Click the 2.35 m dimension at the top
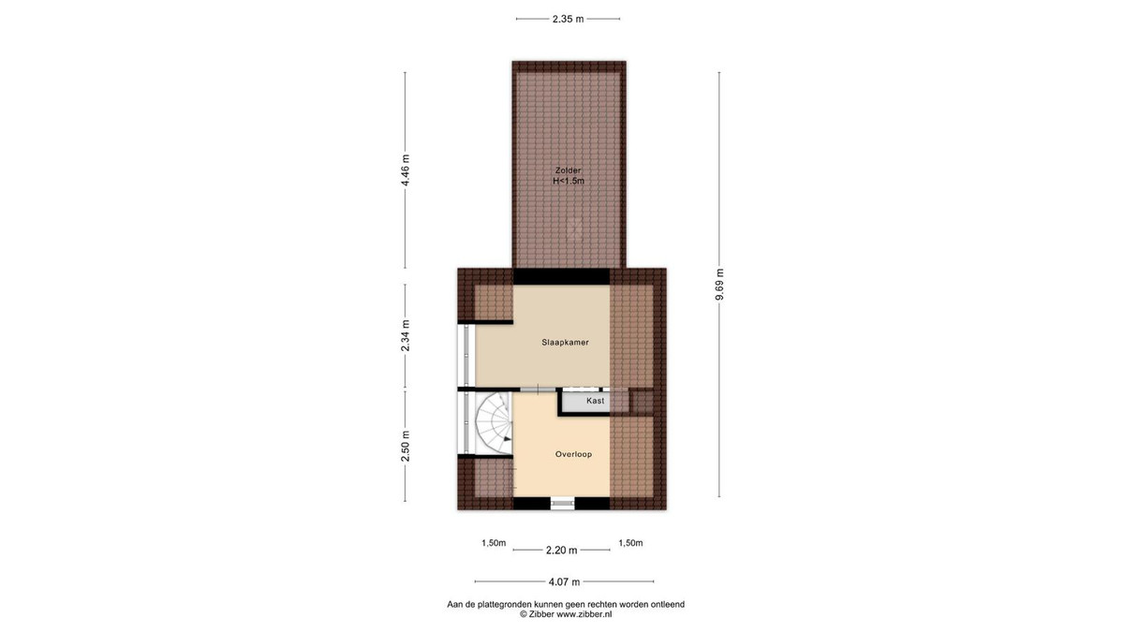pyautogui.click(x=568, y=19)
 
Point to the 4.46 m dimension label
pyautogui.click(x=406, y=170)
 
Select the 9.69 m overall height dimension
pyautogui.click(x=719, y=285)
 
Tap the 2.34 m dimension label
pyautogui.click(x=406, y=335)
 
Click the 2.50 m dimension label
pyautogui.click(x=406, y=446)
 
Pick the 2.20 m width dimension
pyautogui.click(x=561, y=551)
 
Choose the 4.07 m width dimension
pyautogui.click(x=564, y=581)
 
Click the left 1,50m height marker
pyautogui.click(x=494, y=543)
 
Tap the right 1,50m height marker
pyautogui.click(x=630, y=543)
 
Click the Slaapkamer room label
pyautogui.click(x=565, y=343)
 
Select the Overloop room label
pyautogui.click(x=573, y=454)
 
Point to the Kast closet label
pyautogui.click(x=595, y=401)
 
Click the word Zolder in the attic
pyautogui.click(x=568, y=170)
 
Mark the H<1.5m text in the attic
pyautogui.click(x=569, y=181)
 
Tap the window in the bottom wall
pyautogui.click(x=562, y=503)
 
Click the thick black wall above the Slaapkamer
pyautogui.click(x=561, y=276)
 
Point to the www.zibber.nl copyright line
pyautogui.click(x=566, y=614)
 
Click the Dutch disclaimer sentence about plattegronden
pyautogui.click(x=566, y=605)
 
